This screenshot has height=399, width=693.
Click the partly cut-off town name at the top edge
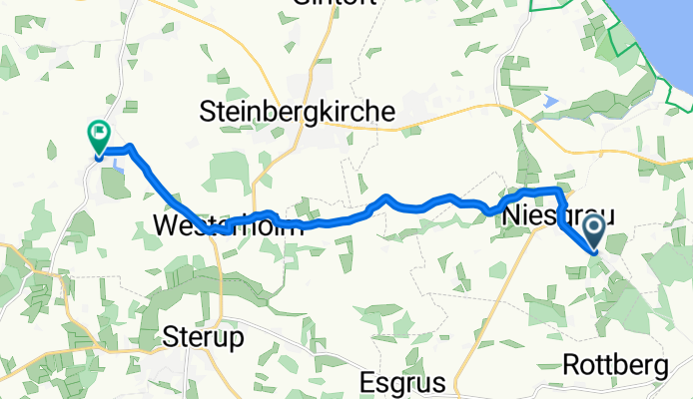click(x=334, y=4)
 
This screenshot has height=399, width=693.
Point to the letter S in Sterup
click(x=171, y=338)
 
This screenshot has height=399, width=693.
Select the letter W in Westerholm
click(x=166, y=225)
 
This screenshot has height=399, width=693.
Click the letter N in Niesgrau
click(x=511, y=215)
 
